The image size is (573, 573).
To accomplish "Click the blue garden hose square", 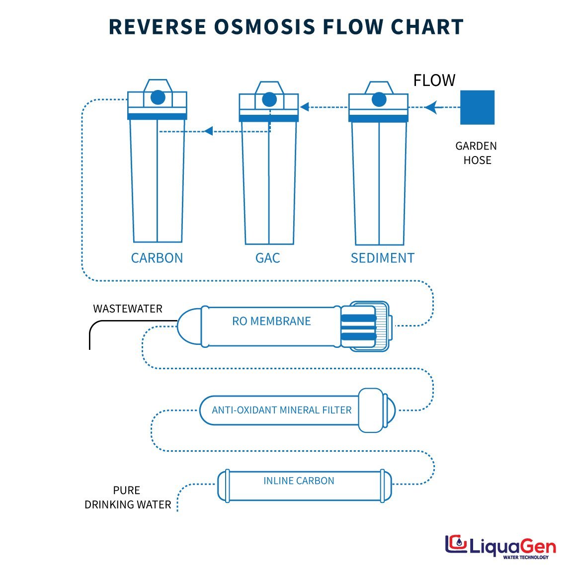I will click(477, 107).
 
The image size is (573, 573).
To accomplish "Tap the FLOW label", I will click(434, 81).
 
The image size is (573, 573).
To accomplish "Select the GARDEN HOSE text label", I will click(477, 153).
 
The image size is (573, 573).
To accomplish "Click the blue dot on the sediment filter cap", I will click(379, 99).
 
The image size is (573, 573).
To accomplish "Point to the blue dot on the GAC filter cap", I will click(269, 99).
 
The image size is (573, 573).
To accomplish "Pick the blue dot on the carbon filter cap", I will click(158, 97).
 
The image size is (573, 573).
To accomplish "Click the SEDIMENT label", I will click(382, 258).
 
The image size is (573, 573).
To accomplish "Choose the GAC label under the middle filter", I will click(267, 258).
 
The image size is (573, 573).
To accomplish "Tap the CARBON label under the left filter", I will click(157, 258).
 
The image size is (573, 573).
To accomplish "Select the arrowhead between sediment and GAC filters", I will click(305, 107).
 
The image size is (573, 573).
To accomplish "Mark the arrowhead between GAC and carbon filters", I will click(208, 131).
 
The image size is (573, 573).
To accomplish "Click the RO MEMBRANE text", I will click(271, 321).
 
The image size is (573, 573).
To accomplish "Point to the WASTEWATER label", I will click(128, 309).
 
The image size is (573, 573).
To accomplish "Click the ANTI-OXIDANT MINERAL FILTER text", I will click(281, 410).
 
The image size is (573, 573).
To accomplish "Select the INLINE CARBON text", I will click(299, 481).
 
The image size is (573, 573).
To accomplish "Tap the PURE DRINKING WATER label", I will click(128, 497).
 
